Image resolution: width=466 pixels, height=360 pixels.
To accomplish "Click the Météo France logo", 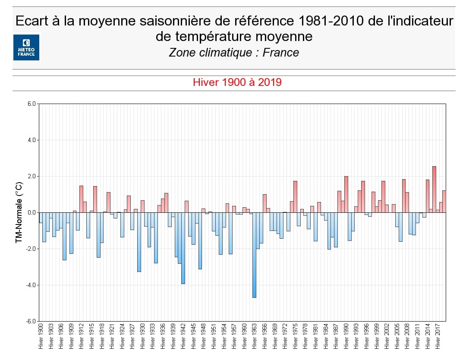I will click(x=26, y=47).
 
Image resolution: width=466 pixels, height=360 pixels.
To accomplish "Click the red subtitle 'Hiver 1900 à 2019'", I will click(x=237, y=82).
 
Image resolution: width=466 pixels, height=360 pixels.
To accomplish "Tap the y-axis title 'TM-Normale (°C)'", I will click(x=19, y=213).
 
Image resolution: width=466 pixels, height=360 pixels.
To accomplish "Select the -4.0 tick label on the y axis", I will click(x=31, y=285).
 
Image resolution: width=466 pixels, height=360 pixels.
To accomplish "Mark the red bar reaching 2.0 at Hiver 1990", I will click(x=346, y=194).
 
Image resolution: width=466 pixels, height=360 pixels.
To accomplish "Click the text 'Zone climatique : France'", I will click(x=234, y=53).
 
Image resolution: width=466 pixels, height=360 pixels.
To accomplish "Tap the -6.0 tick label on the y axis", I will click(x=31, y=321).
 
